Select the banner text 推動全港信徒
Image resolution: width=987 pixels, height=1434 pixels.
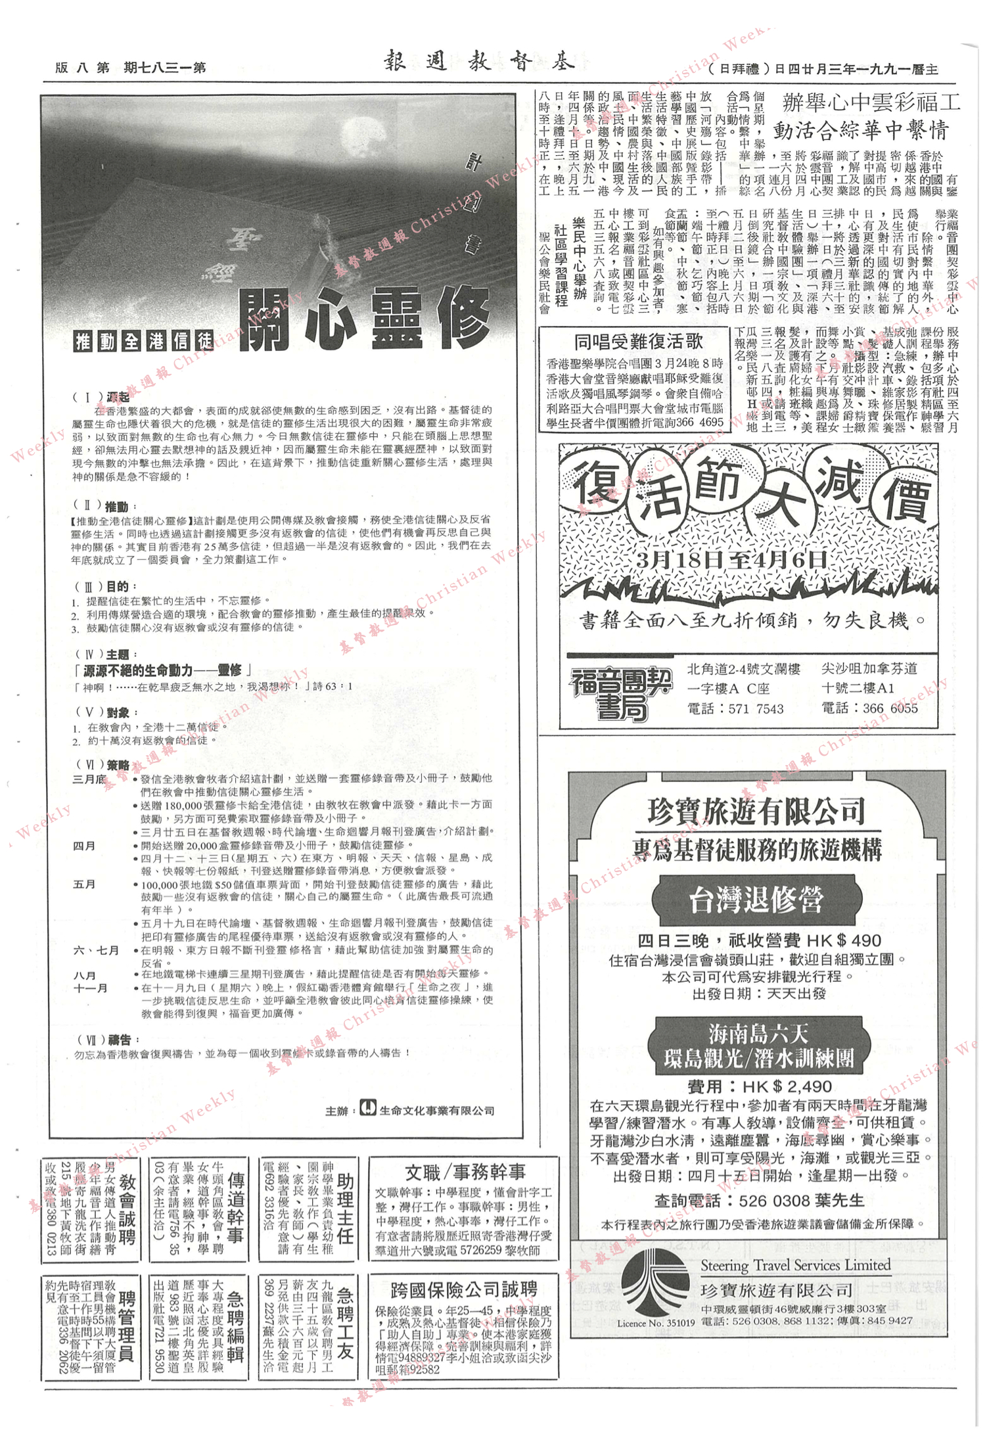click(x=144, y=340)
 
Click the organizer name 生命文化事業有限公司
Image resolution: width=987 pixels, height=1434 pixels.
click(x=436, y=1110)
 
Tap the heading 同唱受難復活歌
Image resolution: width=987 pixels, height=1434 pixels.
click(x=637, y=342)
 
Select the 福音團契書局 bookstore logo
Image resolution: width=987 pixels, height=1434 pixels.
click(x=620, y=693)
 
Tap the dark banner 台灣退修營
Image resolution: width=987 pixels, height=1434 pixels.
click(x=756, y=900)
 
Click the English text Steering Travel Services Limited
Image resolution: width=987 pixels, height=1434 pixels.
click(x=795, y=1265)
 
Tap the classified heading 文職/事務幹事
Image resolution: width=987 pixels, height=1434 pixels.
click(x=465, y=1172)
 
